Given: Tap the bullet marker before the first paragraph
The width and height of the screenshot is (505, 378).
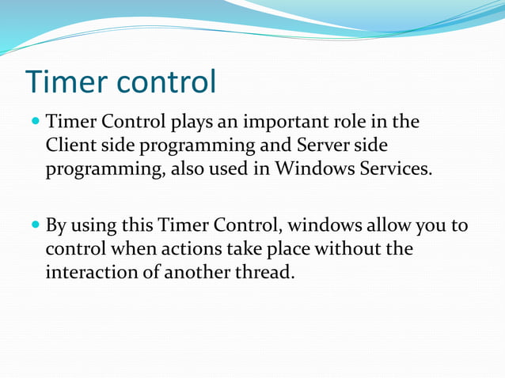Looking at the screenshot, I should point(35,123).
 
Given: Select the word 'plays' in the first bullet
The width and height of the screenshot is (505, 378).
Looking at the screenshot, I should point(192,123).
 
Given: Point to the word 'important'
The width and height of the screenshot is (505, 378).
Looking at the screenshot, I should point(275,123).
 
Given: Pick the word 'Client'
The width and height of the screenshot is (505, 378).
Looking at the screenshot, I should point(69,146).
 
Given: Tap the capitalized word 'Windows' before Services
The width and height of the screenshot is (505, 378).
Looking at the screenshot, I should point(312,169).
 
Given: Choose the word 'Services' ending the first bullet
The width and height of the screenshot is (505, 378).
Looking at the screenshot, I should point(393,169).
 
